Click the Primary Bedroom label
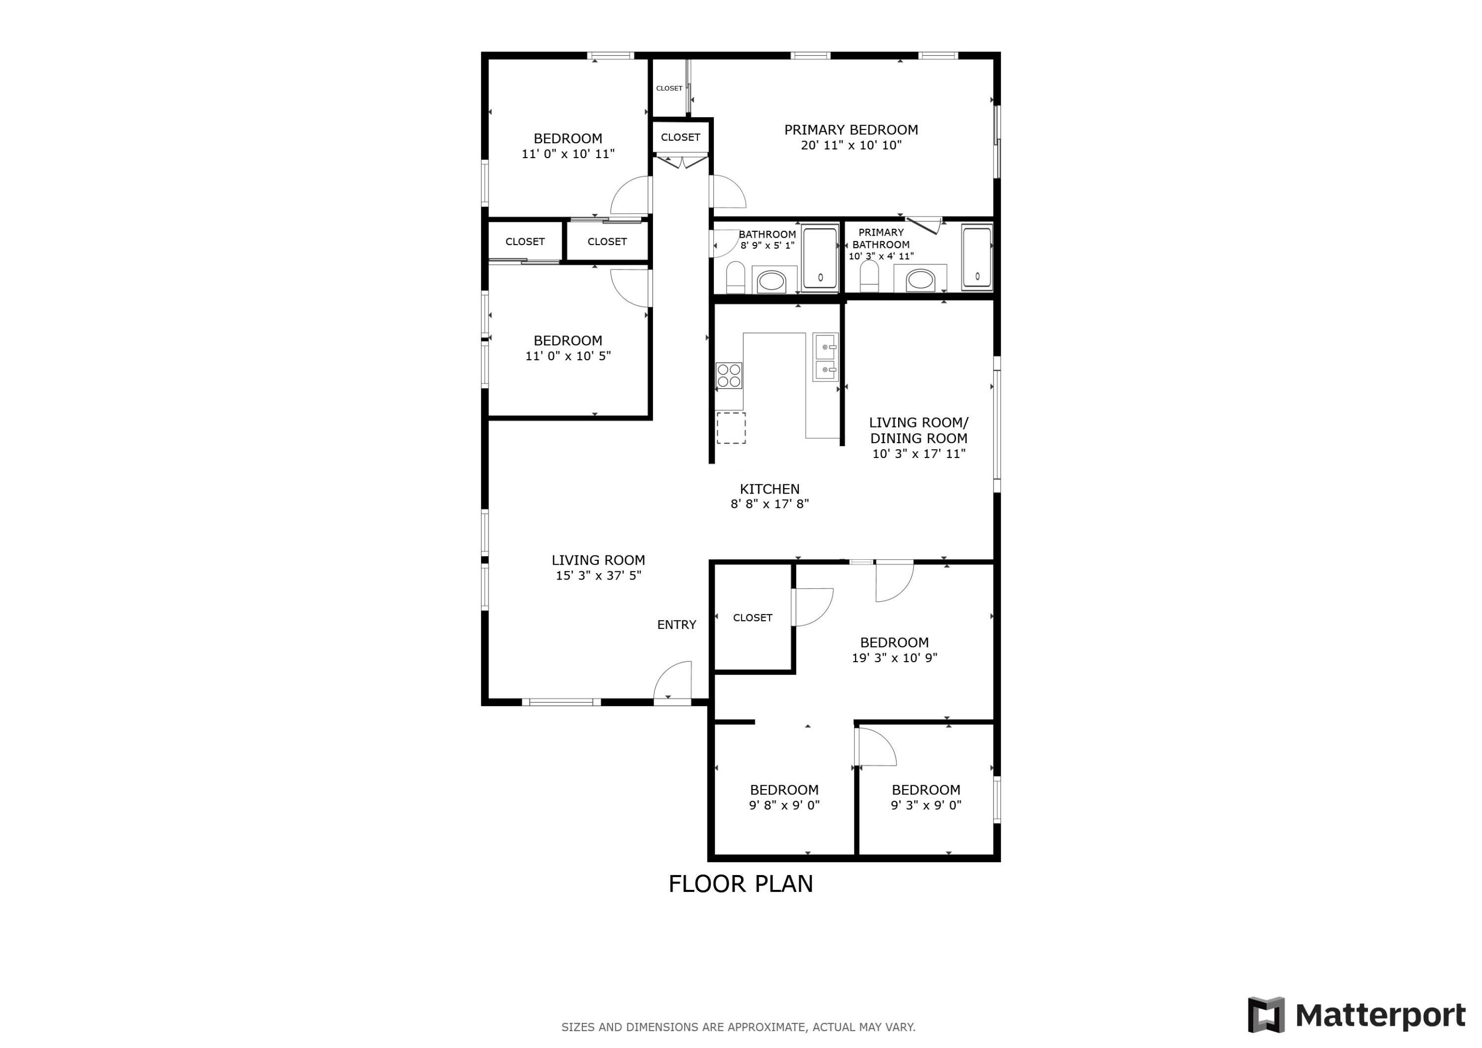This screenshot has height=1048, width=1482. [x=851, y=130]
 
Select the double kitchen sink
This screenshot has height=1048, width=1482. [x=825, y=358]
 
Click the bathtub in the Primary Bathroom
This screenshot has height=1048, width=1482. [x=977, y=256]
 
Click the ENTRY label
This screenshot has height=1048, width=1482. [x=676, y=625]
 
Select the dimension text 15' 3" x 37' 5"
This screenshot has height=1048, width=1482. [x=598, y=575]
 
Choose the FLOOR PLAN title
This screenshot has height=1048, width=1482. [x=741, y=884]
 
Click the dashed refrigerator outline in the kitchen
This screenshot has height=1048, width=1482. [x=731, y=427]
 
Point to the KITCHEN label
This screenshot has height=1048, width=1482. [x=769, y=489]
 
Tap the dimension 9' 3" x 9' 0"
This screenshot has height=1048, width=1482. [x=926, y=805]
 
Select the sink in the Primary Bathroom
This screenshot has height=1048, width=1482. [x=920, y=280]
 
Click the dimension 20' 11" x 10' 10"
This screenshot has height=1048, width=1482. [x=851, y=145]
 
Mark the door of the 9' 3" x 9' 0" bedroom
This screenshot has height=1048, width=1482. [x=876, y=747]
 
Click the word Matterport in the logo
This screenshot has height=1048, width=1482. [x=1380, y=1016]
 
